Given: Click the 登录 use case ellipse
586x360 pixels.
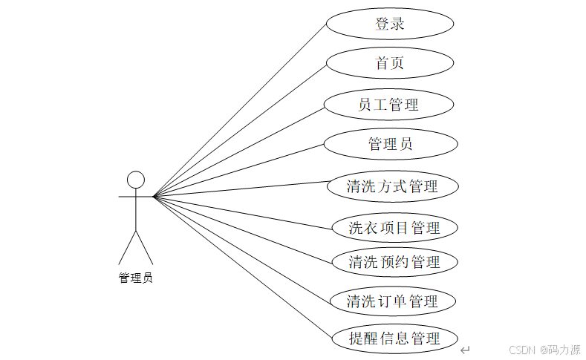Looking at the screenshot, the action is [x=390, y=24].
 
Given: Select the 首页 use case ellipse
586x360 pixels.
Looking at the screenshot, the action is [x=390, y=63].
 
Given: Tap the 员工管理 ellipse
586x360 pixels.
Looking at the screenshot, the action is [x=390, y=105].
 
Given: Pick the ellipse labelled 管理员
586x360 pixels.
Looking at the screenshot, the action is [x=390, y=144].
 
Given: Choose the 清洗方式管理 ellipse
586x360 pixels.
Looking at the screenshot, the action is [x=393, y=186].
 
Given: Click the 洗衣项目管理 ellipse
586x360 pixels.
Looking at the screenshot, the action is [x=394, y=227].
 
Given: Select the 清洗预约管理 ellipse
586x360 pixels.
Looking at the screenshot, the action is [x=394, y=261].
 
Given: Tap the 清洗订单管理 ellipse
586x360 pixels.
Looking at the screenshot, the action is [x=393, y=301].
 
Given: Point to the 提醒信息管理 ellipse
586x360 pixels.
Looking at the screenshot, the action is [x=394, y=338].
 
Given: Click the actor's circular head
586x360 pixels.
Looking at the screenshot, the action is [x=135, y=180].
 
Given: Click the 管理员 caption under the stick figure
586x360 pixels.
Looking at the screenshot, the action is [x=135, y=278].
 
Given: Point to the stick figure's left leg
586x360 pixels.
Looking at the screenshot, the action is [x=127, y=247].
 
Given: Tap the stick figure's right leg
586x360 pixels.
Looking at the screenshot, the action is [x=144, y=247].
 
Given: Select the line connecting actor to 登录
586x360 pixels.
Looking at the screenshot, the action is [x=239, y=109].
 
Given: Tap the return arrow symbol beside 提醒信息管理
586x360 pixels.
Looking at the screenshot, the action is [x=465, y=349].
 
